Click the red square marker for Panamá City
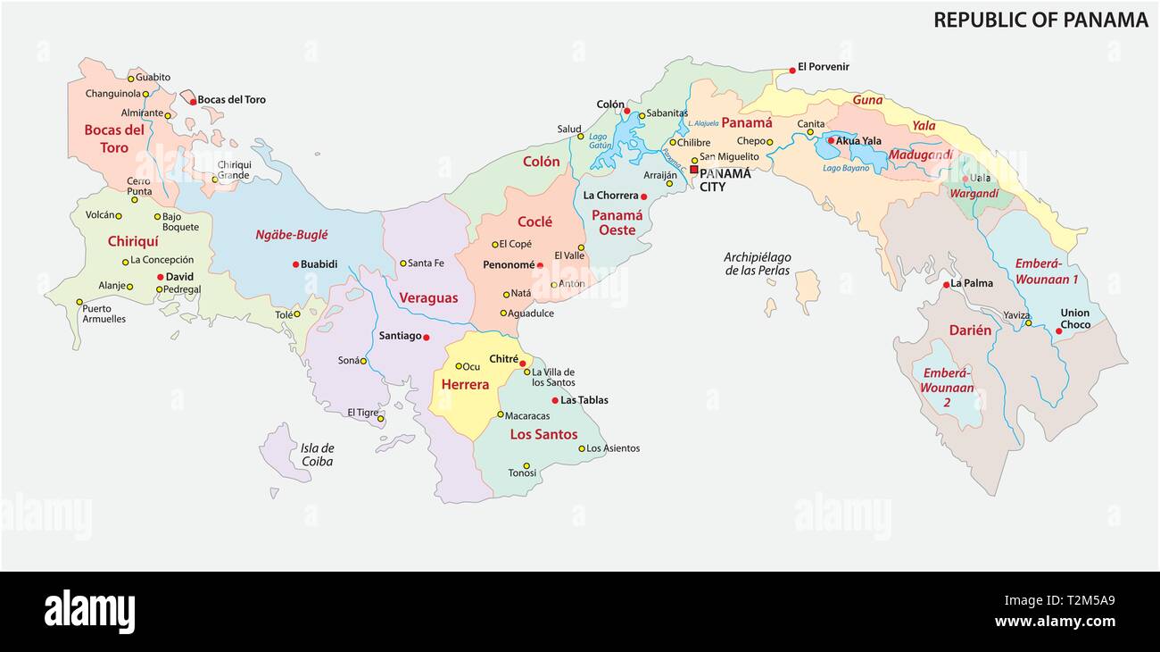coord(693,169)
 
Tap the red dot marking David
coord(161,277)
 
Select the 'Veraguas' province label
coord(428,297)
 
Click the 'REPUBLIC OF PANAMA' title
coord(1040,20)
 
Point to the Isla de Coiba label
coord(317,455)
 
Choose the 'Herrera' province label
coord(465,384)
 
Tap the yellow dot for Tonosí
coord(526,465)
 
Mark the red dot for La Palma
coord(946,284)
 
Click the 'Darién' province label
coord(970,330)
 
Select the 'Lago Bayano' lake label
coord(845,168)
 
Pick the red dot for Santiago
coord(427,337)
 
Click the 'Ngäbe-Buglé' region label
coord(292,235)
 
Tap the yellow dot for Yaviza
coord(1028,323)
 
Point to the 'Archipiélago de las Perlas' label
coord(757,263)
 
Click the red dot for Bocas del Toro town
coord(193,102)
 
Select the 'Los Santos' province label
coord(543,434)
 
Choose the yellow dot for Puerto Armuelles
coord(79,302)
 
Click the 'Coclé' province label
coord(534,222)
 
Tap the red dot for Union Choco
coord(1058,330)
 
